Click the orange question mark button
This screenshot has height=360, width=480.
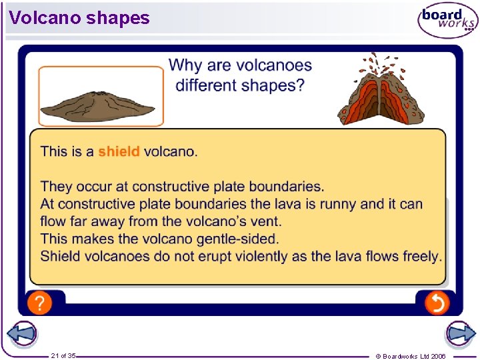(39, 303)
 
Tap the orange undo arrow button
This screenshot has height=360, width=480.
(437, 303)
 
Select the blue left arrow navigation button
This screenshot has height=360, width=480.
(21, 334)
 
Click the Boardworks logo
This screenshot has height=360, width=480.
(447, 21)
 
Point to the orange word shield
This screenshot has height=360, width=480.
(119, 151)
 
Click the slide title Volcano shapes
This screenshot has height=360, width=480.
(79, 17)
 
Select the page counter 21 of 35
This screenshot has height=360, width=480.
(63, 356)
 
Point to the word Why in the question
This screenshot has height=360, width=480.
(185, 65)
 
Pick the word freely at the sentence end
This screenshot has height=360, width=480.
(421, 256)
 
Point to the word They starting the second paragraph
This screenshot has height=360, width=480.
(55, 187)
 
